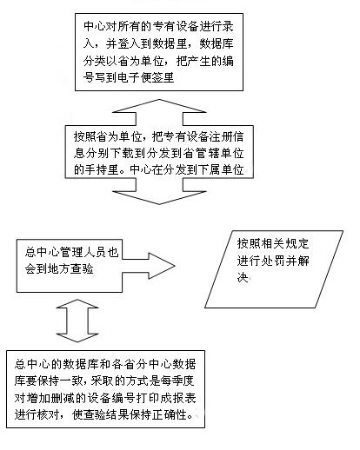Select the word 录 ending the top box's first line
pyautogui.click(x=228, y=27)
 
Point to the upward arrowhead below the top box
pyautogui.click(x=159, y=106)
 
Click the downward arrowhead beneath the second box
pyautogui.click(x=159, y=197)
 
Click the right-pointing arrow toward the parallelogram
pyautogui.click(x=149, y=266)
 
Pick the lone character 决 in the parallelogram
pyautogui.click(x=243, y=278)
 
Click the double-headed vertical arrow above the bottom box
pyautogui.click(x=77, y=321)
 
